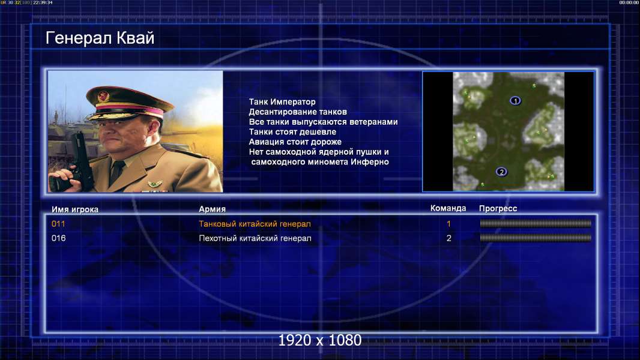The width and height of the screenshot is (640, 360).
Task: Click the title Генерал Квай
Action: [x=100, y=38]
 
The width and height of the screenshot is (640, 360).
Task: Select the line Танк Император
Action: [x=282, y=102]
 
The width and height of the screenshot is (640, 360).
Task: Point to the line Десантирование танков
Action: [x=298, y=112]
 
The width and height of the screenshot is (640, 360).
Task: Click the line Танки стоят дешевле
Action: [x=292, y=131]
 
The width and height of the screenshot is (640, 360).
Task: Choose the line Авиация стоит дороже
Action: [x=295, y=142]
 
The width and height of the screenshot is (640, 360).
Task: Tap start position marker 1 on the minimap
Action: [x=515, y=101]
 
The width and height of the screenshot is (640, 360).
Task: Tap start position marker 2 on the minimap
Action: [x=502, y=172]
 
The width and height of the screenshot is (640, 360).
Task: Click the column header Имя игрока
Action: [x=75, y=209]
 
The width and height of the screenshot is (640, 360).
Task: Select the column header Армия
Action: [x=213, y=209]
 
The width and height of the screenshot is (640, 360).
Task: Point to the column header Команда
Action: [x=448, y=208]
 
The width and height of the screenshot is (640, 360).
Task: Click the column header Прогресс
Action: [x=498, y=209]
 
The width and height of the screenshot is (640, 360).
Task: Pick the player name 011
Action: [x=58, y=224]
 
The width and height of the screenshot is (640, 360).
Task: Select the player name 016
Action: [x=58, y=238]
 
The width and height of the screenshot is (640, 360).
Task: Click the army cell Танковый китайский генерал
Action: [x=255, y=224]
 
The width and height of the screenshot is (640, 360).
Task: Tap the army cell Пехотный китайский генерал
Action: [x=255, y=238]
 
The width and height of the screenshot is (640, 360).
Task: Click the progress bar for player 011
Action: [x=536, y=223]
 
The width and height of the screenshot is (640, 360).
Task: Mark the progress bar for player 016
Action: [x=536, y=238]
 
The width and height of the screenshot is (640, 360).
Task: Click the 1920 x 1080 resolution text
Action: [x=320, y=340]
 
